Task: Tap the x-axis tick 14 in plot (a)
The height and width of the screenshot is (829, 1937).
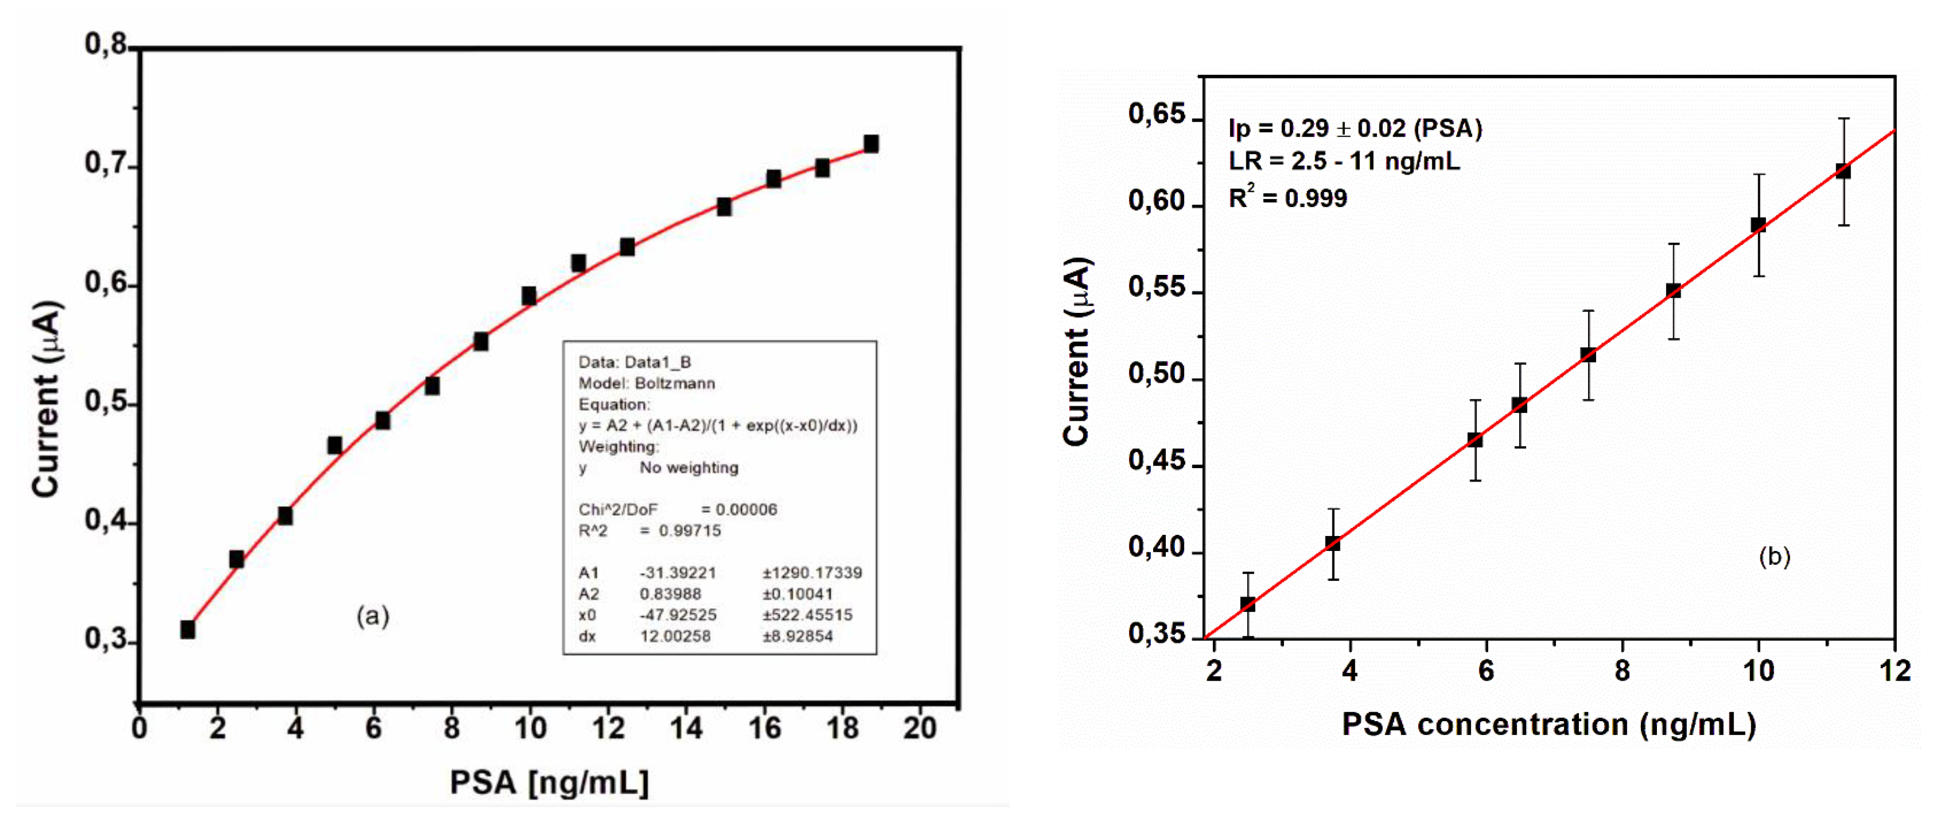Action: (x=686, y=728)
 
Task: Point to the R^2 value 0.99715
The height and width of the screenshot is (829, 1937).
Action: (x=689, y=531)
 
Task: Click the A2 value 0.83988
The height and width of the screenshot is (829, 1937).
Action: (x=670, y=594)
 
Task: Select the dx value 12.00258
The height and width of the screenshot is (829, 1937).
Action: (x=674, y=636)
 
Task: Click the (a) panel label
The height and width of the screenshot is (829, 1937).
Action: (x=372, y=616)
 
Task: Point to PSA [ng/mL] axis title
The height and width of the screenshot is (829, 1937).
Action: (x=549, y=783)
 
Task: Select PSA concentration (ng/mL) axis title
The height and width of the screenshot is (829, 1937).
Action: (x=1549, y=724)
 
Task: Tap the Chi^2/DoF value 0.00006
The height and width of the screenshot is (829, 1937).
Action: (x=746, y=510)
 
